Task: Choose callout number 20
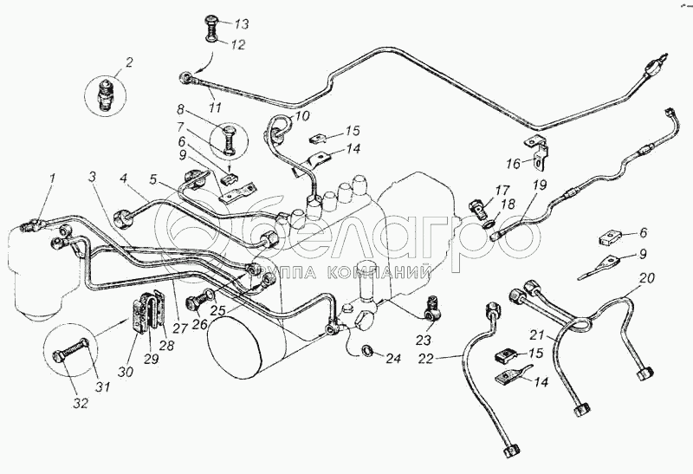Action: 647,278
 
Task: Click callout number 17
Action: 502,192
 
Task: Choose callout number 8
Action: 181,110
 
